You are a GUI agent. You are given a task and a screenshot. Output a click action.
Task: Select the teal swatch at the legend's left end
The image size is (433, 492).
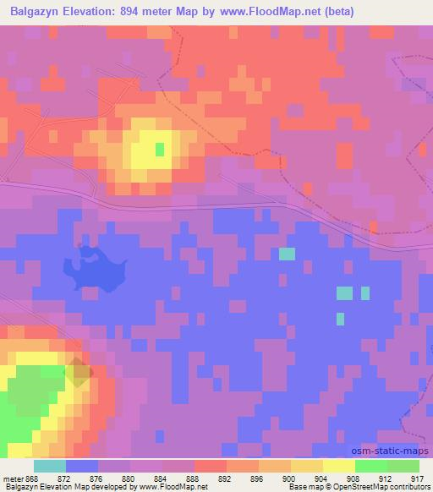50,466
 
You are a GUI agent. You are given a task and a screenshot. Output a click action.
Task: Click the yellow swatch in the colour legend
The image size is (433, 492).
339,466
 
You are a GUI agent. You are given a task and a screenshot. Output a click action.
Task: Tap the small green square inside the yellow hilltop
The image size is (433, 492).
160,149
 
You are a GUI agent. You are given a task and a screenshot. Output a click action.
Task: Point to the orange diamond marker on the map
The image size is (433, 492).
78,372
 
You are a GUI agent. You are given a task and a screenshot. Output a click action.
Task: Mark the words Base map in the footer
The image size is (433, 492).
297,488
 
